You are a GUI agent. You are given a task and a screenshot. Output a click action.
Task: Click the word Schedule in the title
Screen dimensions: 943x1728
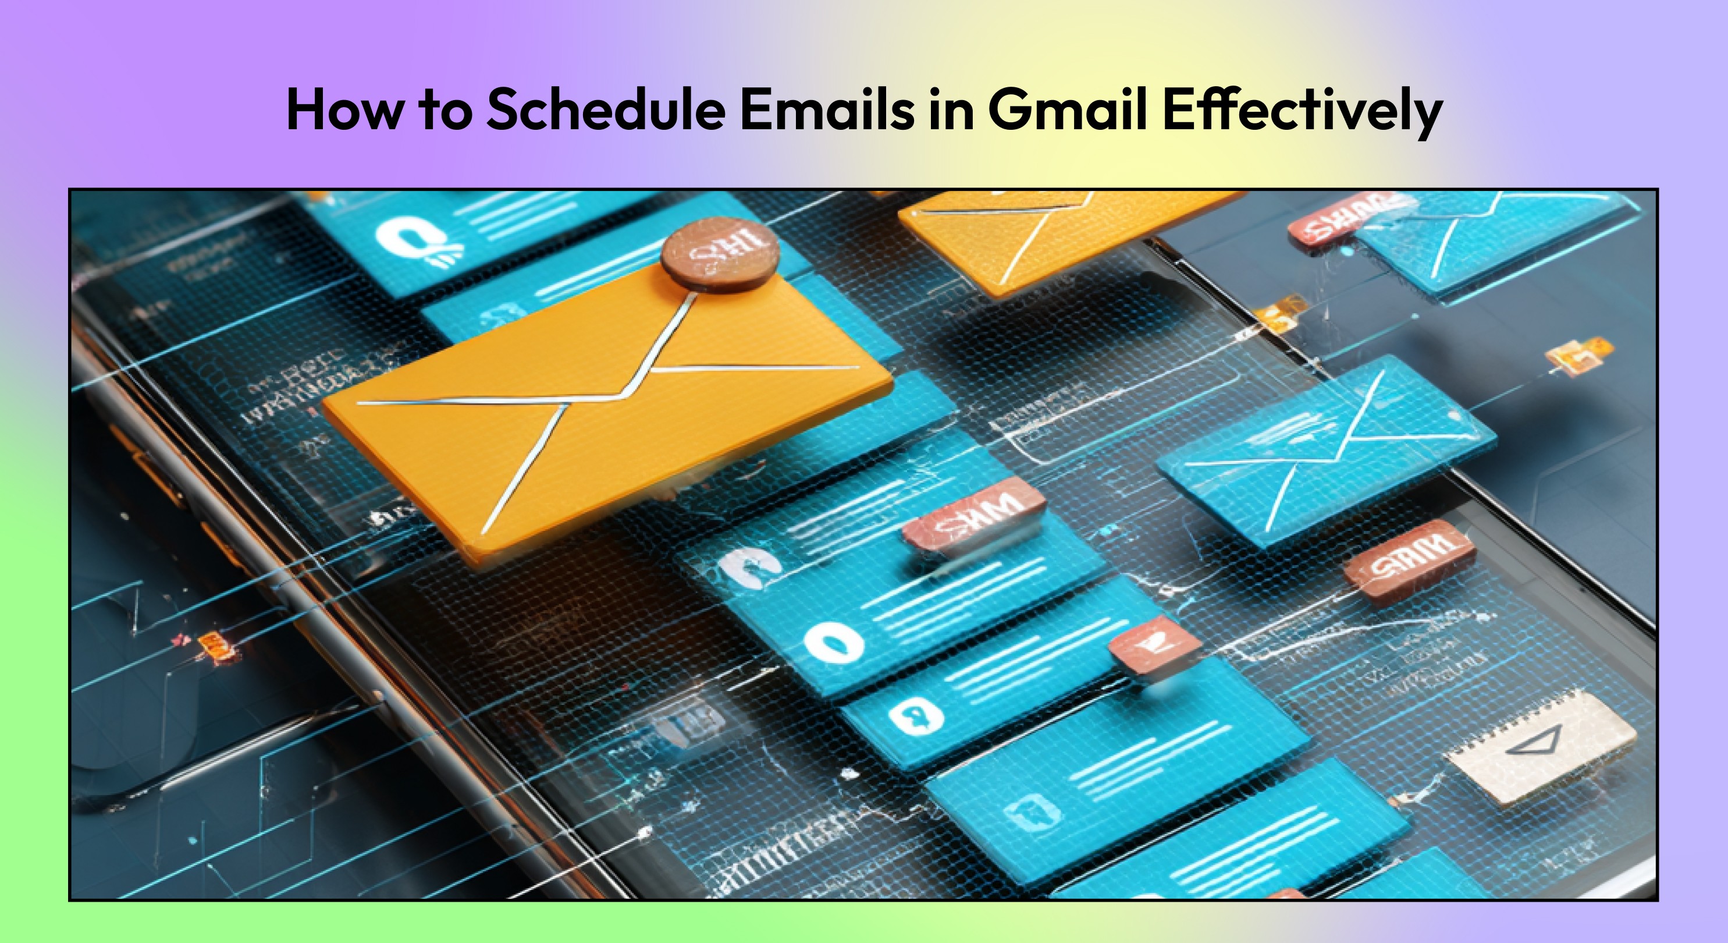point(606,110)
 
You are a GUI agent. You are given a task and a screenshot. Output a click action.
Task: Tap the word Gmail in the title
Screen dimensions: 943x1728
point(1066,110)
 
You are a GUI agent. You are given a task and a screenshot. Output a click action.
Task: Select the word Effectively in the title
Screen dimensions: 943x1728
point(1302,110)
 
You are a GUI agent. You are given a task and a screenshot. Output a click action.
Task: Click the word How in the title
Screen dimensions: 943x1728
point(343,110)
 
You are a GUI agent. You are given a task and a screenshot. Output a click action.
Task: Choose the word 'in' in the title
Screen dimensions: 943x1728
point(951,110)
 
